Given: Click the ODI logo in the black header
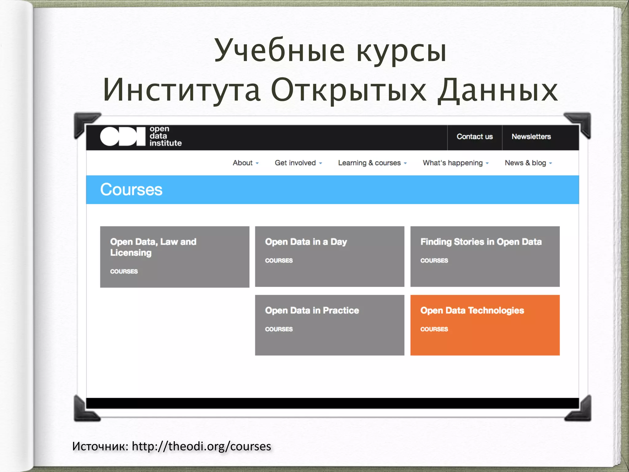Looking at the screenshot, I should [141, 136].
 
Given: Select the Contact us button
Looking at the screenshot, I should [475, 137].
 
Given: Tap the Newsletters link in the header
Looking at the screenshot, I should [531, 137].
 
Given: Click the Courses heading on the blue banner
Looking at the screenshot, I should [131, 190].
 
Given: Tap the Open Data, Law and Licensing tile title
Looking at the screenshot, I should [153, 247].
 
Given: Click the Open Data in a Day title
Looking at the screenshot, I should [306, 242].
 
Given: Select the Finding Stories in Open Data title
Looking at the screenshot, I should [481, 242].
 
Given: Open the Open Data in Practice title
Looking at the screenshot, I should [312, 310].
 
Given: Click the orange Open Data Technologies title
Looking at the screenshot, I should [472, 310].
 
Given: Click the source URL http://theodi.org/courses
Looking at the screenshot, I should [201, 446].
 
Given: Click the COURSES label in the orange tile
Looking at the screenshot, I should [434, 329].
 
